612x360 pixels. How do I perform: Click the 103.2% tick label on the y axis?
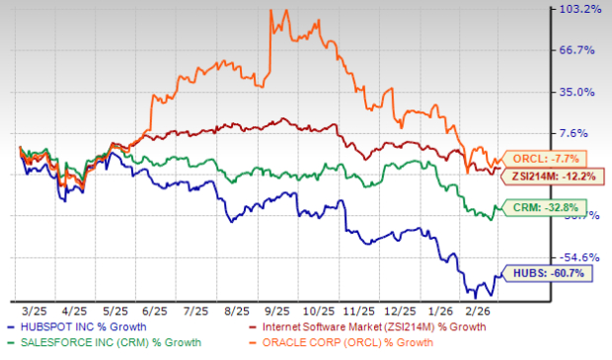(579, 9)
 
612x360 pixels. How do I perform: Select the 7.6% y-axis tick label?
(584, 133)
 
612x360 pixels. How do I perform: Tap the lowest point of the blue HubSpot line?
(475, 297)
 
